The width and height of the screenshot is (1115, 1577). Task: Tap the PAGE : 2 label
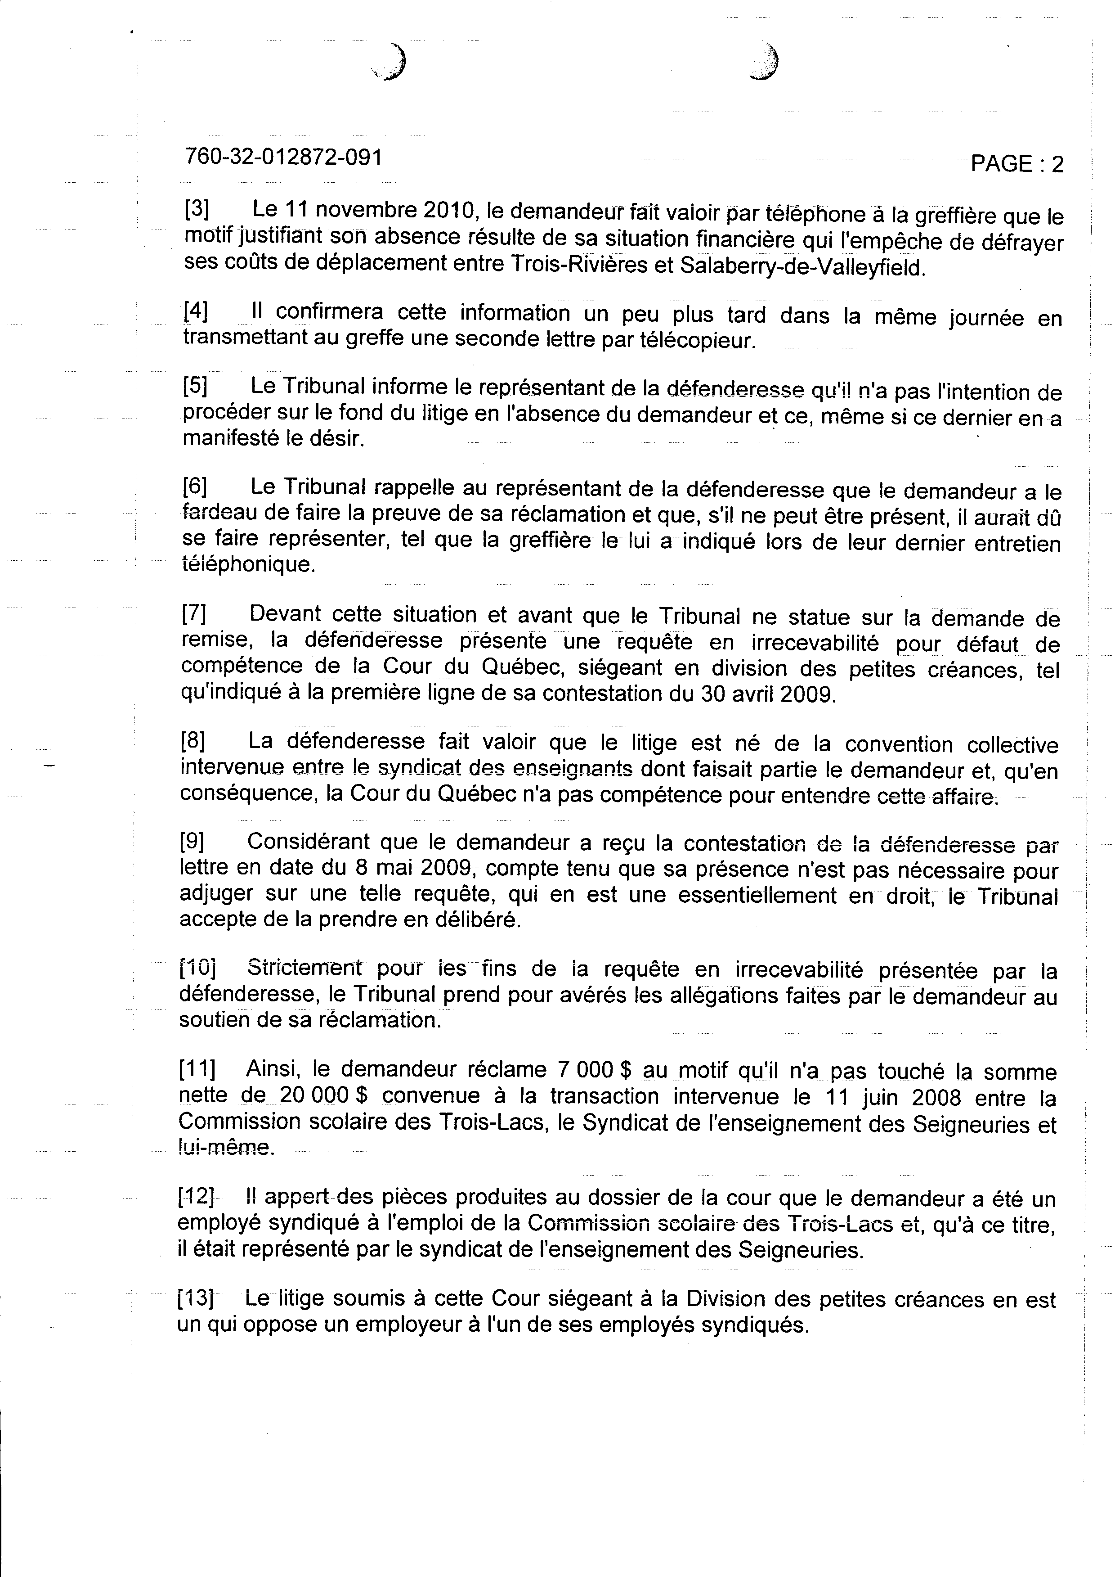[1017, 164]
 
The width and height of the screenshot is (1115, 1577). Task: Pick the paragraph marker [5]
[195, 386]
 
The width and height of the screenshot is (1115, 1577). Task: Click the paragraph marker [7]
[193, 613]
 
